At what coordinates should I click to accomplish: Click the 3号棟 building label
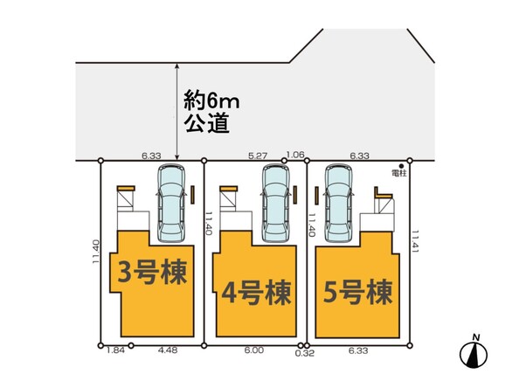(152, 272)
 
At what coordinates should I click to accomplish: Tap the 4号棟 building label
(256, 293)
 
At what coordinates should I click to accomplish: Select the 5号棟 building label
(358, 292)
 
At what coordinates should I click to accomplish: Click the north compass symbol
(474, 353)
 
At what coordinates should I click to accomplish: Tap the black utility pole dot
(402, 166)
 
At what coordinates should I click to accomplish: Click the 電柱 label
(398, 173)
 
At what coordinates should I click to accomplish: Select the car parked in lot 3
(170, 204)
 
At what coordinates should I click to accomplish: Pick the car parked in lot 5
(338, 204)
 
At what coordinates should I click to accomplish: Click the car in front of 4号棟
(276, 204)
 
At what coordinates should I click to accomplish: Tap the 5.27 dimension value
(258, 156)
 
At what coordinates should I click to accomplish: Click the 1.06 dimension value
(295, 155)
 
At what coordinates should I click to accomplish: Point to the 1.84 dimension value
(115, 350)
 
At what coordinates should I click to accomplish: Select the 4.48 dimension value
(168, 350)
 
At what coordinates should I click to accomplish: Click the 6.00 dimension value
(254, 350)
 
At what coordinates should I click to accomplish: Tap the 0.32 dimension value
(305, 353)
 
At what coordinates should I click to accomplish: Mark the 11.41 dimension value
(415, 242)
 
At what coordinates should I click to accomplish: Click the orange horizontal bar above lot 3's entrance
(126, 188)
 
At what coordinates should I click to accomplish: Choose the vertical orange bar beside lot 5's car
(316, 195)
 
